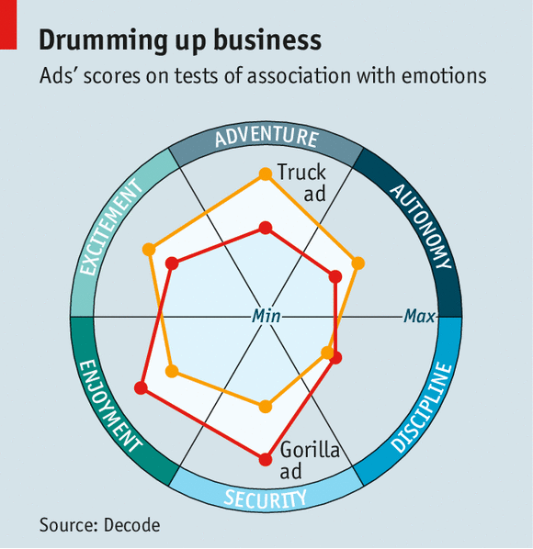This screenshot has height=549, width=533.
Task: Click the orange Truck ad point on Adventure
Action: [x=266, y=174]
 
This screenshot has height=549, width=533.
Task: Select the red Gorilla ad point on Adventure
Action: [x=266, y=228]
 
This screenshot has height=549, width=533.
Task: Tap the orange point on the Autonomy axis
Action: [x=357, y=263]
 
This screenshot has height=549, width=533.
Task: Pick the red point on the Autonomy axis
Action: [x=335, y=276]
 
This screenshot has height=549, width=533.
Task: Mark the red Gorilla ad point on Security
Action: [x=266, y=459]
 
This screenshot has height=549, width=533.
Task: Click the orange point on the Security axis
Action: [x=266, y=407]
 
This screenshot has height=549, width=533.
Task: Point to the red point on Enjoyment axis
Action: [x=142, y=388]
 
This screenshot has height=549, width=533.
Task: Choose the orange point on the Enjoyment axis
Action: [x=172, y=371]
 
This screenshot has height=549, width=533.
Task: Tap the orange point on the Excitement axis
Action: [x=149, y=250]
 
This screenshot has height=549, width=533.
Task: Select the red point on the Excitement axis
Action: [x=172, y=263]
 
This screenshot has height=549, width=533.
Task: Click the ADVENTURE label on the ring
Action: [x=266, y=137]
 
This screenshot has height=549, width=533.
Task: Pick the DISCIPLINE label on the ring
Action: [x=421, y=408]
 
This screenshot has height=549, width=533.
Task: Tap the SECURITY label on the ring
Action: [x=266, y=499]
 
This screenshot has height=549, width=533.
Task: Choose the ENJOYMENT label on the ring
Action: [x=110, y=406]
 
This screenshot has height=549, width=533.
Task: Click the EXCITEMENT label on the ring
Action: [x=111, y=227]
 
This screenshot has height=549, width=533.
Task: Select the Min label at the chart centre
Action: [x=266, y=316]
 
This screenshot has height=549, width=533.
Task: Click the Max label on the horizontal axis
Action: [x=419, y=316]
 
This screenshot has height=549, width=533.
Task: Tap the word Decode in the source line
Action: [x=131, y=525]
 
